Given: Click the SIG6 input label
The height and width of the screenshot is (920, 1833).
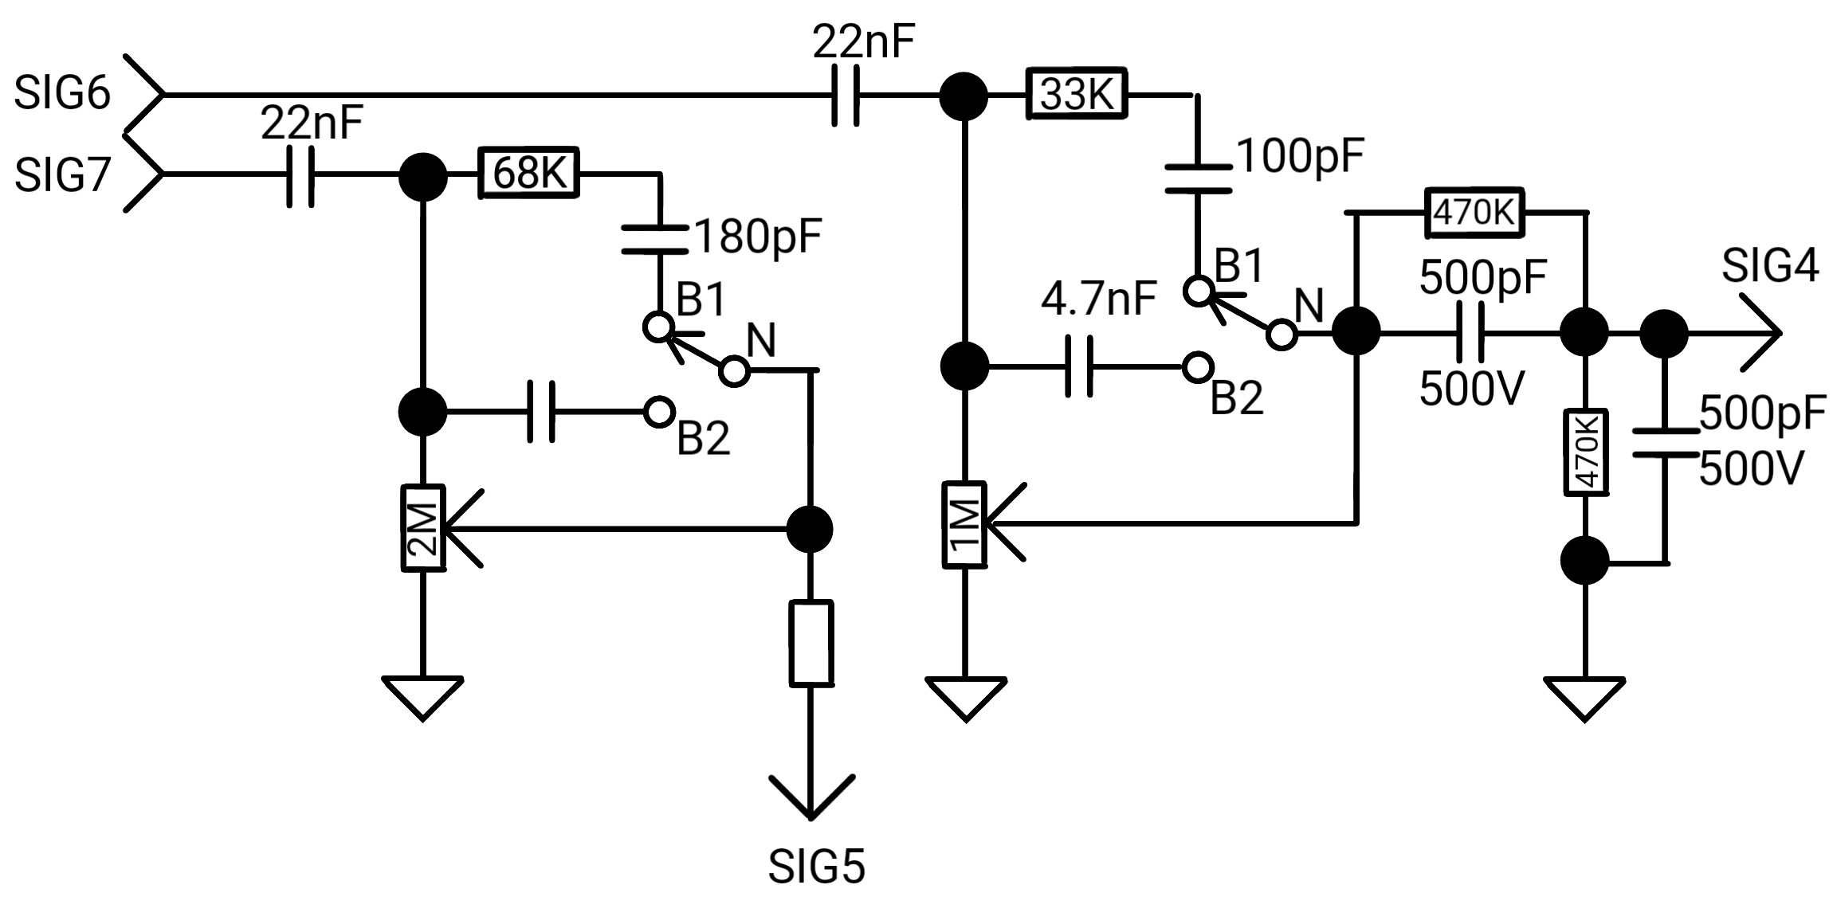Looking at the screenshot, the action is point(62,94).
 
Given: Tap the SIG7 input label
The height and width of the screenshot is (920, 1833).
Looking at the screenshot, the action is point(62,175).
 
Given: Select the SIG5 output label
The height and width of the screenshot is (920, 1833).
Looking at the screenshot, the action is point(816,867).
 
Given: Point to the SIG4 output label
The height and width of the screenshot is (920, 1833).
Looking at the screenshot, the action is point(1770,265).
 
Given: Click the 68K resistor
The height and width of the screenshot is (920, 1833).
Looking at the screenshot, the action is point(529,172).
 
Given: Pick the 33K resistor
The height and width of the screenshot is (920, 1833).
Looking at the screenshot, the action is point(1076,95).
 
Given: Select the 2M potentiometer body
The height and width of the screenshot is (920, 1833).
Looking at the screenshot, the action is point(423,527).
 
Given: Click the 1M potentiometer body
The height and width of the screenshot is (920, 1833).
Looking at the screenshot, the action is point(965,524).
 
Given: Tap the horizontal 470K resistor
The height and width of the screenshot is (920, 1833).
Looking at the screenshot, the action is point(1474,213).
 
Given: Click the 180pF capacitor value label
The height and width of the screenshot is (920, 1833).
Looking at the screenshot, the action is point(758,237).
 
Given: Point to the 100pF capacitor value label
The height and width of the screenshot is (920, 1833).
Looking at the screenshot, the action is point(1301,156).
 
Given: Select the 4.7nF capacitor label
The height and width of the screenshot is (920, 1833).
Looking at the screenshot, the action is point(1099,299).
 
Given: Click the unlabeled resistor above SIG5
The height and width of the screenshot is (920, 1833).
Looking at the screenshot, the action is point(811,643).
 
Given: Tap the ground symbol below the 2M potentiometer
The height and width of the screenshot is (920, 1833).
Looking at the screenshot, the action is point(423,699).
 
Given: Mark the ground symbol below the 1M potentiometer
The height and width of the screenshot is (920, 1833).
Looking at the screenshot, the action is point(966,699).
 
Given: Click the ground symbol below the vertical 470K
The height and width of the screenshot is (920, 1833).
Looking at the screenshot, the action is point(1584,699).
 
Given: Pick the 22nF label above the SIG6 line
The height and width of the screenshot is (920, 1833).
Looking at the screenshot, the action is point(864,41).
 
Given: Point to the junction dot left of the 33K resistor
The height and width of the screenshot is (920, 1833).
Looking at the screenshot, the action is point(964,96).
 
